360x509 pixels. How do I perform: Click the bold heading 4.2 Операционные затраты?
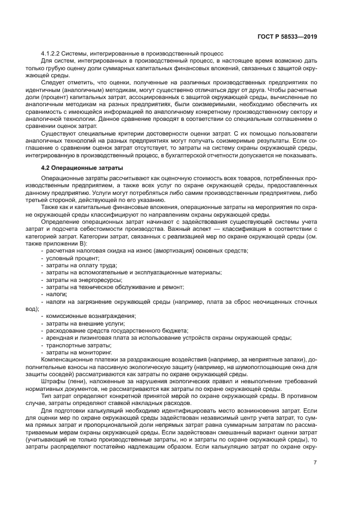pos(82,168)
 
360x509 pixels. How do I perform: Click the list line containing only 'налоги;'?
pos(56,294)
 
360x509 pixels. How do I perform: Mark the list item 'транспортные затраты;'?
pos(74,345)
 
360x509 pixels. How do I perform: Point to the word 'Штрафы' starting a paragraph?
pos(52,389)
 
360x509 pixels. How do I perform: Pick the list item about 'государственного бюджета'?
pos(117,330)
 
